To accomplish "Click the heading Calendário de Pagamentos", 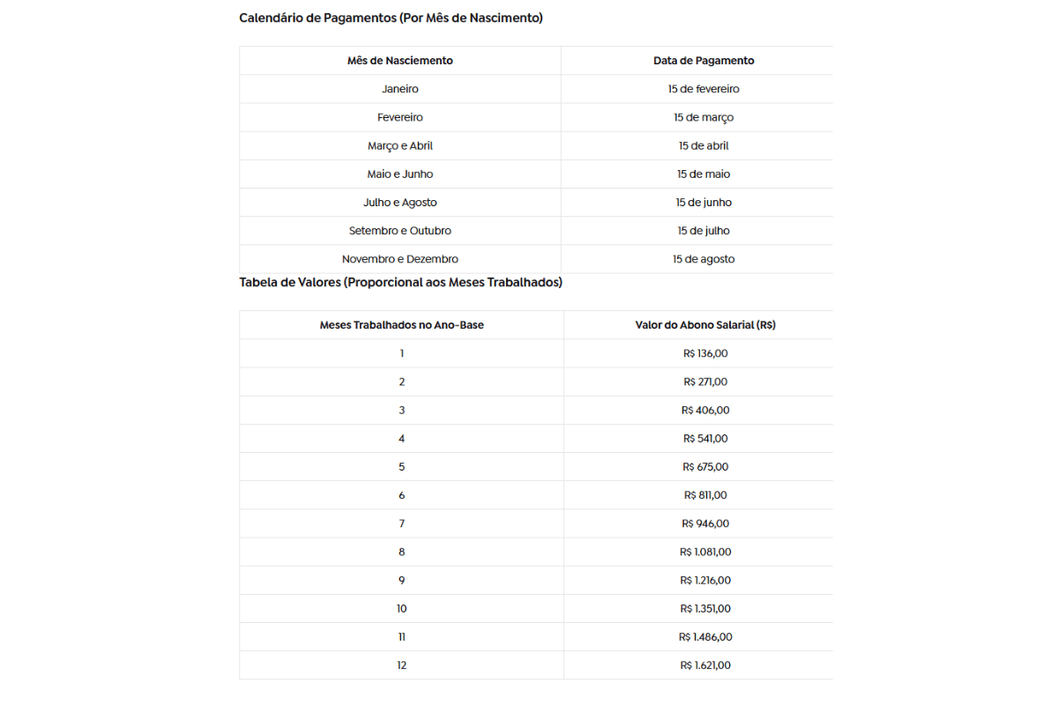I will tap(391, 18).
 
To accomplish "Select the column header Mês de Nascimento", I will tap(400, 61).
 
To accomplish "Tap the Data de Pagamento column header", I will tap(704, 61).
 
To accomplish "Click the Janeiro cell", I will tap(400, 89).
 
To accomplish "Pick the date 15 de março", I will tap(704, 117).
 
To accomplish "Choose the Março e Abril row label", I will tap(400, 145).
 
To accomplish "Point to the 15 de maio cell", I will tap(704, 174).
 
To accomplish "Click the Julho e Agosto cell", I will tap(400, 202).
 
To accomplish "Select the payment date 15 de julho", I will tap(704, 231).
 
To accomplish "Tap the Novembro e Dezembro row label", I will tap(400, 259).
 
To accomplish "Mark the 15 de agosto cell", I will tap(704, 259).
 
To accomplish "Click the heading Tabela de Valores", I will tap(400, 282).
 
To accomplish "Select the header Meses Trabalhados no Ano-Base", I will tap(401, 325).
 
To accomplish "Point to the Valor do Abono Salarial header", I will tap(705, 325).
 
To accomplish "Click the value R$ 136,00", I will tap(705, 353).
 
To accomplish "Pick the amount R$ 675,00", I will tap(705, 467).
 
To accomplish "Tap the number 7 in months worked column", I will tap(401, 523).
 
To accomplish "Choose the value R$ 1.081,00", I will tap(705, 552).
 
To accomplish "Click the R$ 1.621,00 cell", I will tap(705, 665).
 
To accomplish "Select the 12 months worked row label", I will tap(401, 665).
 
